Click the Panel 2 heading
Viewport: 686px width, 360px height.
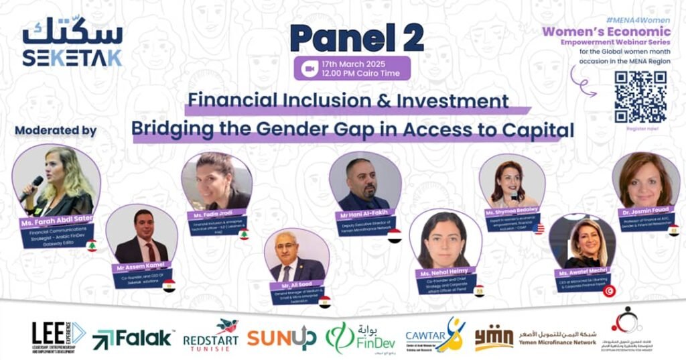(356, 38)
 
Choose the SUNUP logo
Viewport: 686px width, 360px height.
(281, 337)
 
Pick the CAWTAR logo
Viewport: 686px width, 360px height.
(435, 335)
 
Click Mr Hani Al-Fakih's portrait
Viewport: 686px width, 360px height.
(364, 182)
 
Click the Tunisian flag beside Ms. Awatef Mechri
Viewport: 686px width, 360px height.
(609, 290)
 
